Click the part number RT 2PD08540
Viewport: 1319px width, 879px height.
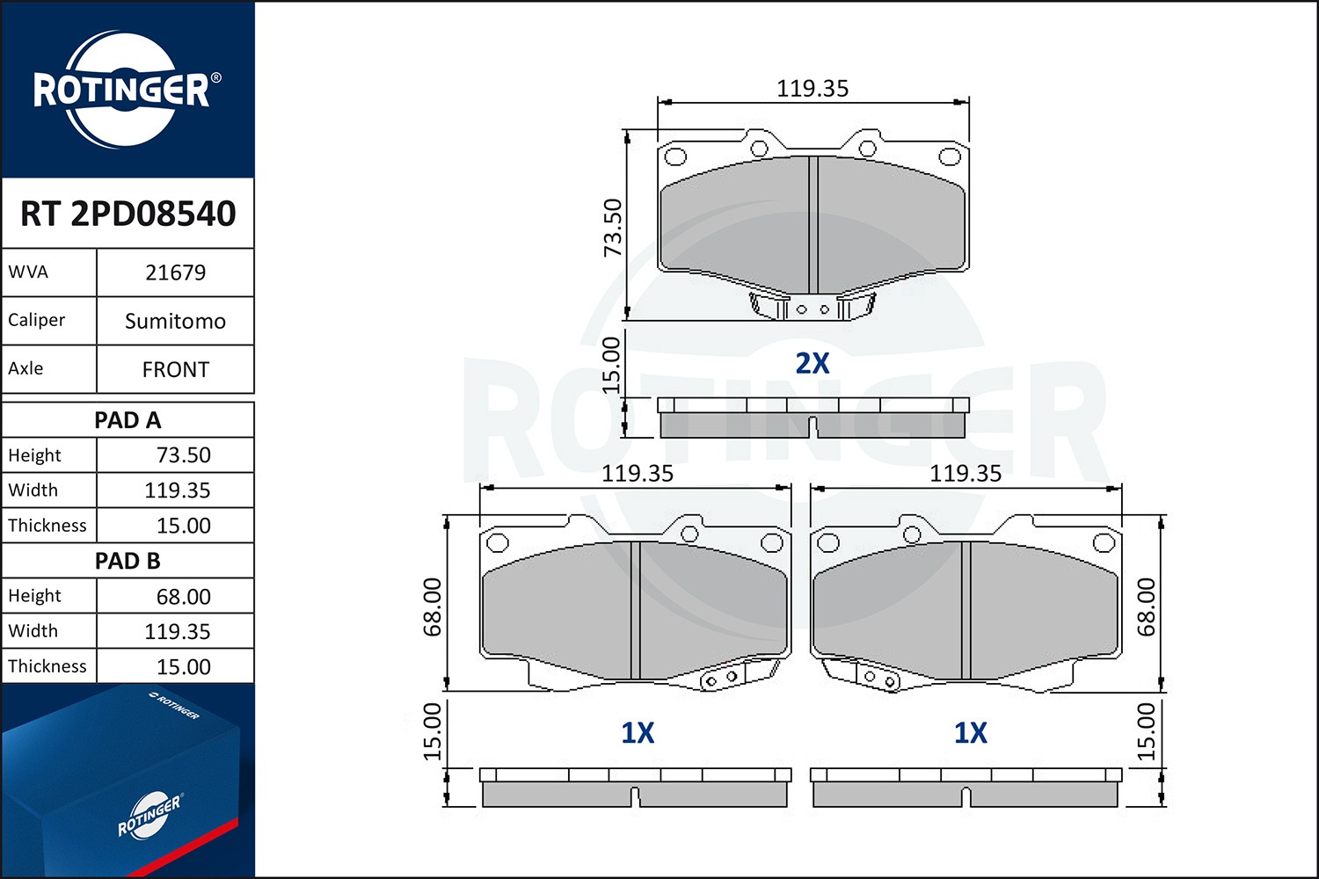tap(128, 214)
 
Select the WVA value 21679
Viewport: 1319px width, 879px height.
tap(175, 272)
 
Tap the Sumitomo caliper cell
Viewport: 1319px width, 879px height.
tap(175, 321)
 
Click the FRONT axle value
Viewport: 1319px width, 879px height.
tap(175, 369)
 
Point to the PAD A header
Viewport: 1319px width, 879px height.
tap(128, 420)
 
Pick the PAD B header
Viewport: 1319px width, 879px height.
tap(128, 561)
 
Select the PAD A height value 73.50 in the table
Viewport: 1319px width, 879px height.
tap(183, 455)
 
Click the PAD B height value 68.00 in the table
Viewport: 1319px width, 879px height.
tap(183, 597)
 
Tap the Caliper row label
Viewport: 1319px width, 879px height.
tap(37, 320)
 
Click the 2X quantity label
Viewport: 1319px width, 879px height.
tap(812, 363)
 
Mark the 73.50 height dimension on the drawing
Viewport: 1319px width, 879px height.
tap(613, 228)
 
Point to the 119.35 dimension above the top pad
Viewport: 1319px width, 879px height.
tap(813, 89)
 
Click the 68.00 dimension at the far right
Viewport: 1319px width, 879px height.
tap(1147, 607)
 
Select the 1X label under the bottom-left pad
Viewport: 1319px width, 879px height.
tap(638, 732)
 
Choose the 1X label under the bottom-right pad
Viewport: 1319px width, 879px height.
tap(971, 732)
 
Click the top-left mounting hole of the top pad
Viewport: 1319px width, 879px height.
tap(675, 157)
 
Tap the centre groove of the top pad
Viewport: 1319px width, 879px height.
tap(813, 224)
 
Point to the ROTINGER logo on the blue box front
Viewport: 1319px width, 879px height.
tap(149, 815)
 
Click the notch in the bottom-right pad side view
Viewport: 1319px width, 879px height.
tap(966, 797)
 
